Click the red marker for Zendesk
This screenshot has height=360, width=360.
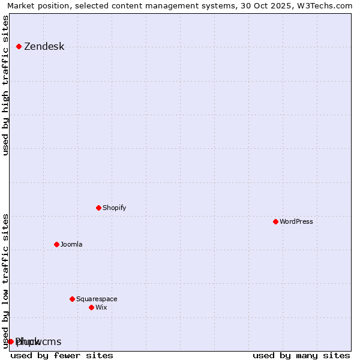(19, 46)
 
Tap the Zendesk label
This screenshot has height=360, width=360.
(44, 47)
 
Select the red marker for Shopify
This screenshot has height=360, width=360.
(98, 208)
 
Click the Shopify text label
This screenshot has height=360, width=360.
(114, 208)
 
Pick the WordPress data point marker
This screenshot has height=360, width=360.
(275, 221)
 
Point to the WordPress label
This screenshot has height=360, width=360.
(296, 221)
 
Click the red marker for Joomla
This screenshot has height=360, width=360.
(56, 244)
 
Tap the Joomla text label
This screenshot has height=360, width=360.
(71, 244)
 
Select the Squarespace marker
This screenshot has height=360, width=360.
(72, 299)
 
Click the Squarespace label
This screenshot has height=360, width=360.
(97, 299)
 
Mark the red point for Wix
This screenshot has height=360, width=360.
(91, 307)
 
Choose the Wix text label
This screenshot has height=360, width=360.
(101, 307)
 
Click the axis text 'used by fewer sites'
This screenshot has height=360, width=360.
(62, 355)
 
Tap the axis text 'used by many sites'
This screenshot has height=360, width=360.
(301, 355)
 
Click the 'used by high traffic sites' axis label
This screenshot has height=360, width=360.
(6, 85)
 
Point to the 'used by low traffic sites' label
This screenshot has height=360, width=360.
(6, 280)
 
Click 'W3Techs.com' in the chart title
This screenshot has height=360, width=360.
(326, 5)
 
